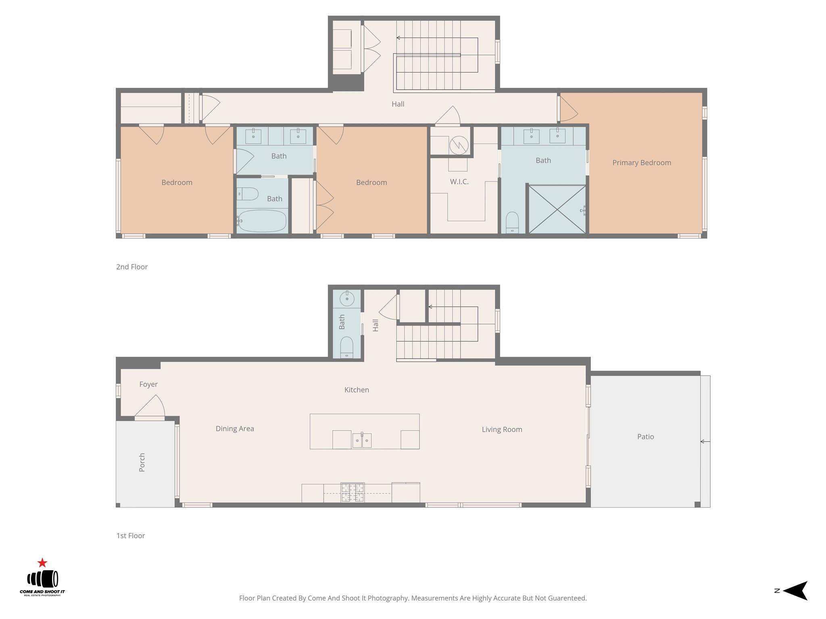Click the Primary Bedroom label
tap(641, 163)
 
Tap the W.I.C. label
tap(459, 182)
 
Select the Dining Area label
tap(235, 429)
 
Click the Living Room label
tap(502, 430)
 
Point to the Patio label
tap(645, 437)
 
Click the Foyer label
tap(148, 384)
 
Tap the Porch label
tap(142, 462)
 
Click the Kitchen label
tap(357, 390)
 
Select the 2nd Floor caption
tap(132, 267)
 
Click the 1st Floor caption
tap(131, 536)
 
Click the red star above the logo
tap(42, 563)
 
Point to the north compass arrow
tap(795, 591)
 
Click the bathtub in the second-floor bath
tap(262, 221)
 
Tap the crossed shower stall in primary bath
tap(557, 209)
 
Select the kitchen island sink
tap(362, 440)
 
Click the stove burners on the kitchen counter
tap(353, 492)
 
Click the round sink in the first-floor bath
tap(347, 299)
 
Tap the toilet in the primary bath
tap(512, 222)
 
